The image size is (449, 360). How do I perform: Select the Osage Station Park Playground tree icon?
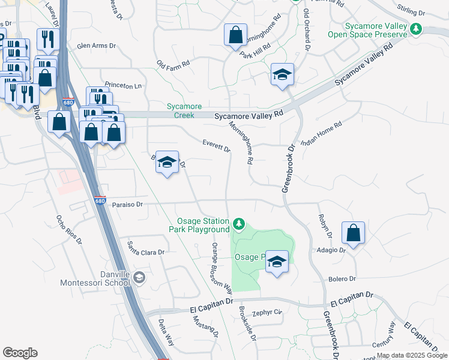240,224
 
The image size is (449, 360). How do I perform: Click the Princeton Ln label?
122,86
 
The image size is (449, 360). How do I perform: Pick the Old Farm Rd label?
173,62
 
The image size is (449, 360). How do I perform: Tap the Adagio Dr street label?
334,250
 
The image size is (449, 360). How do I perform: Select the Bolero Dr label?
342,279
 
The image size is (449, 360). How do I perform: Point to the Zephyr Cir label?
267,313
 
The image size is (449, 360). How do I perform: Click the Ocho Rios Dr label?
68,229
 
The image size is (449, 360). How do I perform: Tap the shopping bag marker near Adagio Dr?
354,233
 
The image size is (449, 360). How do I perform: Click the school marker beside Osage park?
277,262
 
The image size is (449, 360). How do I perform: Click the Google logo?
20,353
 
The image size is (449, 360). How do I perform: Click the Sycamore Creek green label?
183,111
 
